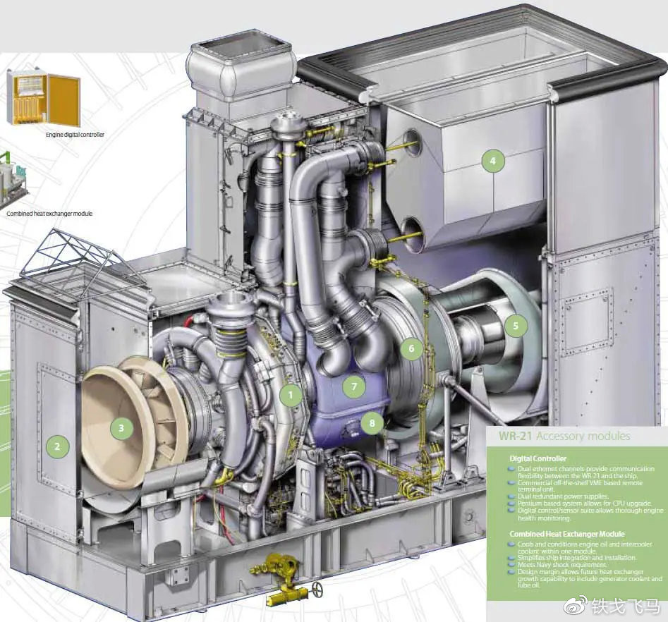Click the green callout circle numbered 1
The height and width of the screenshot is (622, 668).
click(290, 395)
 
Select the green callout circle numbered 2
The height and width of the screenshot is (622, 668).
click(58, 445)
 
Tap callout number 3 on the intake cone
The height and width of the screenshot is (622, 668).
click(121, 427)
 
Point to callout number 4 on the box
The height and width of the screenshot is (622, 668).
click(493, 161)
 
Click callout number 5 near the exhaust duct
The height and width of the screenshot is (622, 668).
click(516, 326)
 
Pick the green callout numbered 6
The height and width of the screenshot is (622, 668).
click(411, 348)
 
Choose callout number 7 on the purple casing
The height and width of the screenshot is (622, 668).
click(355, 386)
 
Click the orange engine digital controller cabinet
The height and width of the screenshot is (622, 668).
click(43, 97)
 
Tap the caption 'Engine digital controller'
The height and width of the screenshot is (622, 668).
click(75, 134)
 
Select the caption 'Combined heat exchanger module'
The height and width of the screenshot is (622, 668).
click(49, 213)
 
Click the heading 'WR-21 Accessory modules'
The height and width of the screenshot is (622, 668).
click(564, 436)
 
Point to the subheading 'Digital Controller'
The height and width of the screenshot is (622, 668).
click(538, 458)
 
